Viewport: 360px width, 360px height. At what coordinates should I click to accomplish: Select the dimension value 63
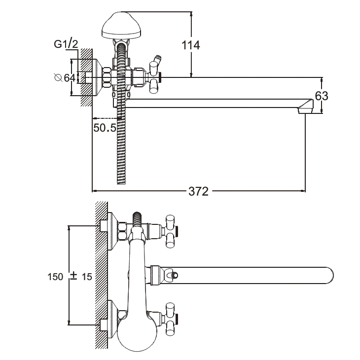pos(322,96)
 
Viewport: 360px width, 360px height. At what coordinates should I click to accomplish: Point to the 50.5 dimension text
pos(104,127)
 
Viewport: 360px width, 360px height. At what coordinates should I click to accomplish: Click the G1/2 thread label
pos(66,45)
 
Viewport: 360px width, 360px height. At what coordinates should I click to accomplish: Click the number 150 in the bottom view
pos(56,277)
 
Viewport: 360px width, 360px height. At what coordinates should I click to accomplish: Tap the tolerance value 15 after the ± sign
pos(86,277)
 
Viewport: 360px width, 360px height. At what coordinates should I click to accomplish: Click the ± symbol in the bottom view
pos(73,277)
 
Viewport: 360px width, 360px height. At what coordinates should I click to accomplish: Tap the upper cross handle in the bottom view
pos(171,230)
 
